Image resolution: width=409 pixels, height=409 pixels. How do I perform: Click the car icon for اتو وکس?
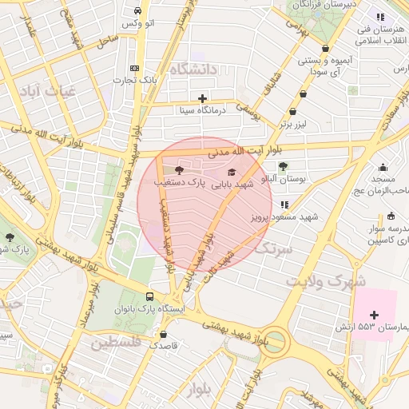(x=138, y=11)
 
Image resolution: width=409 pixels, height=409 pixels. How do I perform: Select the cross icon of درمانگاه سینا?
(x=203, y=98)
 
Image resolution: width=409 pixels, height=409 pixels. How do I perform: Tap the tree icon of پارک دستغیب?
(x=178, y=169)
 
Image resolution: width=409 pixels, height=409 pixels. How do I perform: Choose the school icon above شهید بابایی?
(x=232, y=172)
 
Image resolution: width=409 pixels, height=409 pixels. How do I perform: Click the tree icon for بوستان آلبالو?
(x=283, y=166)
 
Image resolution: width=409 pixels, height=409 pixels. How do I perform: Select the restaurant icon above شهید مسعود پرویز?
(x=284, y=204)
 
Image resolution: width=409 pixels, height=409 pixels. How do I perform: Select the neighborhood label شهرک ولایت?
(x=327, y=282)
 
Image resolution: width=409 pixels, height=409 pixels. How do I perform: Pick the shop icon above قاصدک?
(x=164, y=334)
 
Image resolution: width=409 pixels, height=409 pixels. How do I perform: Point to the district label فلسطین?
(x=116, y=343)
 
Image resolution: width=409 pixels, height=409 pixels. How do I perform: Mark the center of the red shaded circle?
(x=204, y=204)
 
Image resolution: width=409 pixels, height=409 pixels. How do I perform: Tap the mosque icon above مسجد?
(x=384, y=168)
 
